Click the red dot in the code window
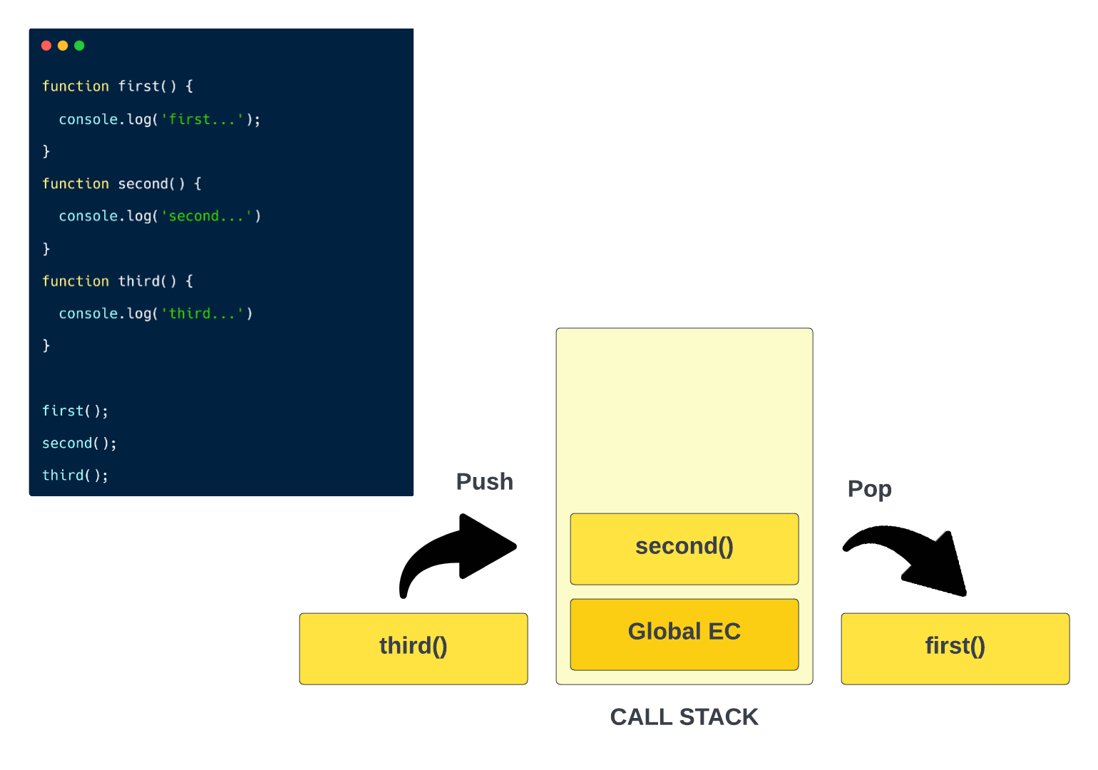(46, 46)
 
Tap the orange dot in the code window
(63, 46)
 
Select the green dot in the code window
(79, 46)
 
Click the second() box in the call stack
(684, 548)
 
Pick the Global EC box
(684, 634)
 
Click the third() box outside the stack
(413, 648)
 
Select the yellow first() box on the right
(955, 648)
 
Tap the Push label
(484, 482)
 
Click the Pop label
(869, 489)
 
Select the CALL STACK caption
(684, 717)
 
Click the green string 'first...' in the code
(202, 120)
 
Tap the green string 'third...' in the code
(202, 314)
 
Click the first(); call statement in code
(75, 411)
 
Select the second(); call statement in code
(79, 443)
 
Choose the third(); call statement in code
(75, 476)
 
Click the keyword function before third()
(76, 282)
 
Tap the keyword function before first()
(76, 86)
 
